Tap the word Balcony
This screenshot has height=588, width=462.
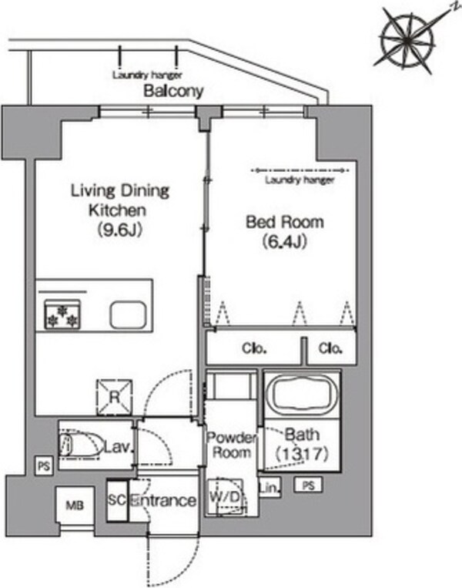[x=173, y=91]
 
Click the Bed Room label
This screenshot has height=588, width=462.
[x=285, y=223]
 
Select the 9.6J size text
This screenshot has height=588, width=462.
[x=120, y=230]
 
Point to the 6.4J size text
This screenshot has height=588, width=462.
[x=285, y=241]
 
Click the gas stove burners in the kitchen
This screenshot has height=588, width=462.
[x=62, y=314]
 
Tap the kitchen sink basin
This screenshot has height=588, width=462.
[x=127, y=314]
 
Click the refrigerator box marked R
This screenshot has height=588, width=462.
[x=114, y=398]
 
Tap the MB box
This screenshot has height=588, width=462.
[x=75, y=506]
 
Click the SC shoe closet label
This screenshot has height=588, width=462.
[x=116, y=500]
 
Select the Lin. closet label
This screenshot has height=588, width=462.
[x=269, y=488]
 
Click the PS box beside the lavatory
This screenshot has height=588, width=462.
[x=44, y=466]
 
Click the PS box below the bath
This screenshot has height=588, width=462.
[x=308, y=486]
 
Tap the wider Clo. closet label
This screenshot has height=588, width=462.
[x=254, y=349]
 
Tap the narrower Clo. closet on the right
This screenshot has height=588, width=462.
[x=330, y=349]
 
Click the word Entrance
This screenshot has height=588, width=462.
[x=164, y=501]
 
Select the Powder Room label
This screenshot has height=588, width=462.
[x=231, y=445]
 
